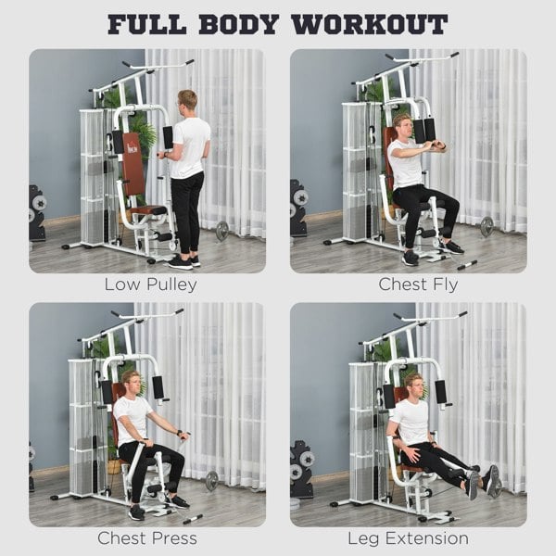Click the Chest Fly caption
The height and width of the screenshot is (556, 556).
point(409,284)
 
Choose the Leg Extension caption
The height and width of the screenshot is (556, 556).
point(409,538)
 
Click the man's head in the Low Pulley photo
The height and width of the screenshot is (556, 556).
point(188,101)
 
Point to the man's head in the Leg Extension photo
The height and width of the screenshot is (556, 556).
point(412,384)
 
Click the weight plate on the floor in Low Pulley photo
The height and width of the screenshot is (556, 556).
point(222,231)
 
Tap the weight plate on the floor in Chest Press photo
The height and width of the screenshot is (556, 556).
point(212,480)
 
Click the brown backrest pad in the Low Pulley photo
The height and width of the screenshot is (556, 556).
point(132,167)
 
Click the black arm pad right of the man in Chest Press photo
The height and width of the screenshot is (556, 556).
point(158,386)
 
